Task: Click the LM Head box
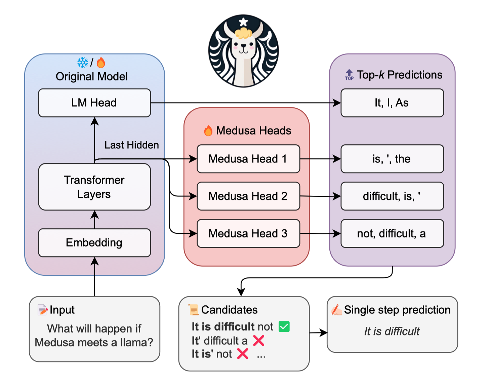point(94,103)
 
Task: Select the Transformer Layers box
point(94,187)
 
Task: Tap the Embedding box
point(94,242)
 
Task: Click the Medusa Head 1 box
point(248,159)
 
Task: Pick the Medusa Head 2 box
point(248,196)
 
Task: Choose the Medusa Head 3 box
point(248,233)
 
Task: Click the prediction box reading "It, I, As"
point(392,103)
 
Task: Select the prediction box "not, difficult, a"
point(392,233)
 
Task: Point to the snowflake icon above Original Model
point(83,63)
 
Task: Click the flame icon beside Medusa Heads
point(208,130)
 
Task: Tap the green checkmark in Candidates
point(284,327)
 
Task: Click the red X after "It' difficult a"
point(258,341)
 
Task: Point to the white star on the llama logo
point(243,23)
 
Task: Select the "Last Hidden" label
point(131,145)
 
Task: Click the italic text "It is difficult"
point(392,332)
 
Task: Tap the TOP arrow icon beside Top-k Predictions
point(349,75)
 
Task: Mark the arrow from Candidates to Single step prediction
point(318,333)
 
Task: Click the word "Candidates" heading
point(229,310)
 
